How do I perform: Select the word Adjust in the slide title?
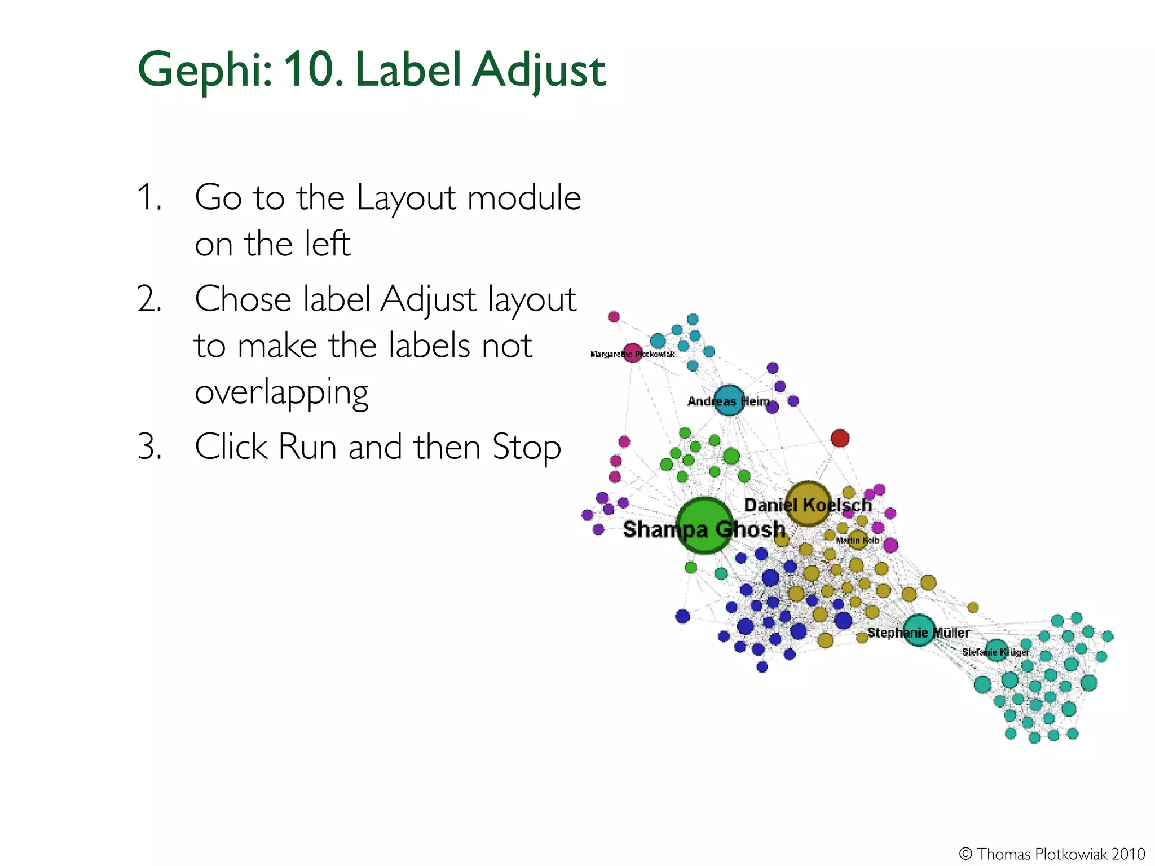point(539,70)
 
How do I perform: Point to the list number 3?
point(150,447)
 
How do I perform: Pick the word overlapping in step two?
point(281,392)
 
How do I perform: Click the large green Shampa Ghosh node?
point(704,525)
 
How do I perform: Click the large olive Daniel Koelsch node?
point(808,503)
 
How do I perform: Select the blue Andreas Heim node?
point(729,400)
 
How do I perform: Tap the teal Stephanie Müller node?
point(919,630)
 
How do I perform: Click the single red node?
point(840,438)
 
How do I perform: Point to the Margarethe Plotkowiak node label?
point(632,354)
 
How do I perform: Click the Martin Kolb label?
point(857,540)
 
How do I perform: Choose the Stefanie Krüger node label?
point(996,652)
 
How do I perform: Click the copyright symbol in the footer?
point(966,854)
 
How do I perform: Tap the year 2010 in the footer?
point(1128,854)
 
